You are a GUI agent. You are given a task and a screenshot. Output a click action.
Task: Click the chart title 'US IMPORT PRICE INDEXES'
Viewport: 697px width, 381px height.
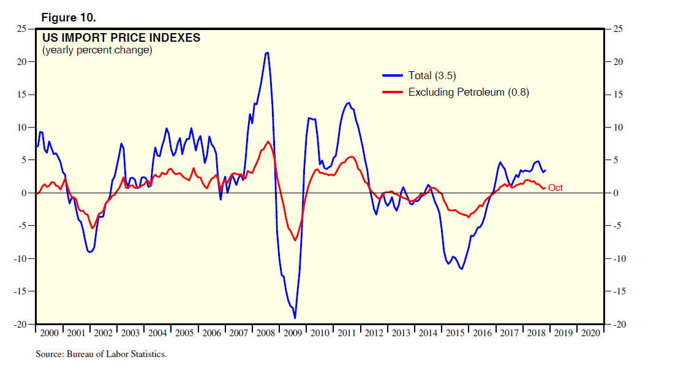pyautogui.click(x=121, y=38)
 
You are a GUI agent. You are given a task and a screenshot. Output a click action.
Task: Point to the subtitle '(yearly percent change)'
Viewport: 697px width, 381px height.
pyautogui.click(x=97, y=50)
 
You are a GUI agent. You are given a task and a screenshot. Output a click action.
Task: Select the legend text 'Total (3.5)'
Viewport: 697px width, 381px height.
pyautogui.click(x=432, y=75)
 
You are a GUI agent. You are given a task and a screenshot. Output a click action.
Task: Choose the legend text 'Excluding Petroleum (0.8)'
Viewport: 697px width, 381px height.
pyautogui.click(x=469, y=92)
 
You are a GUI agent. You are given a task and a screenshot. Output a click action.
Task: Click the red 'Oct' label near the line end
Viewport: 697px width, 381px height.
pyautogui.click(x=555, y=188)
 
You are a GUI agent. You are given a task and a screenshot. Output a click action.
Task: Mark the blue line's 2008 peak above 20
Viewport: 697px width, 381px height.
pyautogui.click(x=266, y=53)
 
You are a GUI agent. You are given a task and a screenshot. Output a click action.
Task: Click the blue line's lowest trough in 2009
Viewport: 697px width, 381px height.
pyautogui.click(x=295, y=318)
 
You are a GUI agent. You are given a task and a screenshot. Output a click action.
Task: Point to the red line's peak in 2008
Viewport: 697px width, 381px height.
pyautogui.click(x=269, y=142)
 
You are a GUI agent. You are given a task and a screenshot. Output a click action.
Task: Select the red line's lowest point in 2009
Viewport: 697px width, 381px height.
pyautogui.click(x=295, y=240)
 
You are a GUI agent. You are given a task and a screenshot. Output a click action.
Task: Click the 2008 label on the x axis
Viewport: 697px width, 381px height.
pyautogui.click(x=266, y=333)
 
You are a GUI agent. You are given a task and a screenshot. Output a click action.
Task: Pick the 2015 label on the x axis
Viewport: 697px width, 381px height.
pyautogui.click(x=455, y=333)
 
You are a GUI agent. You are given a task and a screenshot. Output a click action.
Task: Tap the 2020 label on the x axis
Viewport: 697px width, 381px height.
pyautogui.click(x=590, y=333)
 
